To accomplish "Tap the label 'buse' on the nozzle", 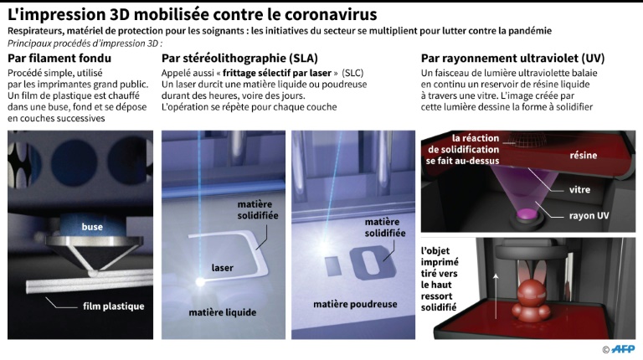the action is click(x=92, y=227).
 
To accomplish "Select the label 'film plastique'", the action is click(x=114, y=306).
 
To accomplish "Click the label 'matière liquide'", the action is click(x=223, y=312).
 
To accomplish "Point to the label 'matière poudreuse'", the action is click(x=355, y=304).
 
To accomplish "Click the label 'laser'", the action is click(x=222, y=268).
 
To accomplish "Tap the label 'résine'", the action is click(x=583, y=156).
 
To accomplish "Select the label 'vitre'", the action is click(x=579, y=190).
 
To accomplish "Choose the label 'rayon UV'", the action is click(x=589, y=216).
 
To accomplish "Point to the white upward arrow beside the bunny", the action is click(x=496, y=296).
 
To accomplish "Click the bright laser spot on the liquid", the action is click(x=200, y=281).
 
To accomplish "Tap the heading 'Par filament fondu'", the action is click(x=59, y=59).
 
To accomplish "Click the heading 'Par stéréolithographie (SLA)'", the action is click(x=239, y=59).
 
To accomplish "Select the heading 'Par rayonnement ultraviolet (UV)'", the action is click(x=512, y=59).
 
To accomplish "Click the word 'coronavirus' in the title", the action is click(x=331, y=15).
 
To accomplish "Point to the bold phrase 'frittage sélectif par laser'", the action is click(x=277, y=73).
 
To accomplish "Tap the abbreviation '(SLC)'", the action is click(x=352, y=73).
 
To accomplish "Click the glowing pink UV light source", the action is click(x=527, y=214).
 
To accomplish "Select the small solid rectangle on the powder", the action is click(x=333, y=265).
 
